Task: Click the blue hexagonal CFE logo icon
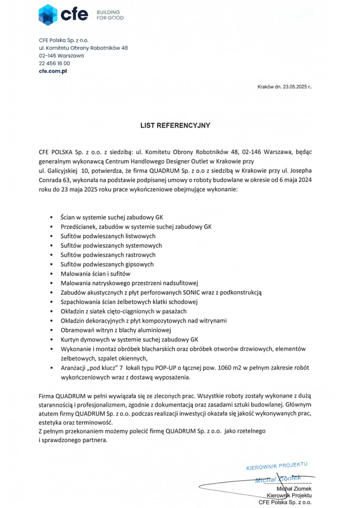click(x=48, y=15)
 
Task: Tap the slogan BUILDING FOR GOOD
click(x=110, y=15)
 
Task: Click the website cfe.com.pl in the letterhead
click(x=53, y=71)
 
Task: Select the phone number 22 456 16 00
click(x=54, y=63)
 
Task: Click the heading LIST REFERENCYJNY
click(x=175, y=125)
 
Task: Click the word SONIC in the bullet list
click(x=191, y=293)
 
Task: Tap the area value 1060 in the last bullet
click(x=224, y=368)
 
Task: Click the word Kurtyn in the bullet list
click(x=69, y=340)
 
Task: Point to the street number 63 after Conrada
click(x=66, y=180)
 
